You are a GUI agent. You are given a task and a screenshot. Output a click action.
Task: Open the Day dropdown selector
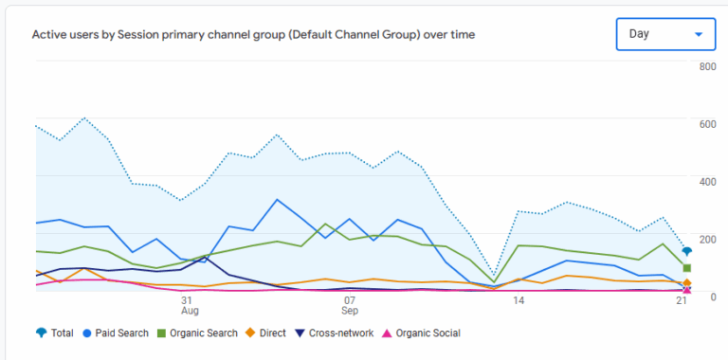click(x=664, y=35)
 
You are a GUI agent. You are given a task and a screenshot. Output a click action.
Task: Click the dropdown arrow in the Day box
click(x=699, y=35)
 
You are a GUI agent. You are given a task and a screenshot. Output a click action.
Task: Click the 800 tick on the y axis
click(x=707, y=66)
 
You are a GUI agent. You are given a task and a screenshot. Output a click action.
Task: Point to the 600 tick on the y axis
click(x=707, y=124)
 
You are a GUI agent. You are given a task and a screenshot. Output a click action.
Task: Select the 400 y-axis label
click(x=707, y=181)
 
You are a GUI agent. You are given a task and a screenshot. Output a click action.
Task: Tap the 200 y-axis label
click(x=707, y=239)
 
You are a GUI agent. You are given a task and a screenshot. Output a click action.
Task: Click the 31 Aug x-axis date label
click(x=190, y=304)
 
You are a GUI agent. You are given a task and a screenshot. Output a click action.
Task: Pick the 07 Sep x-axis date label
click(x=350, y=304)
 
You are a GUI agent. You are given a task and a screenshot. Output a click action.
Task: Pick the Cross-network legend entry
click(x=333, y=333)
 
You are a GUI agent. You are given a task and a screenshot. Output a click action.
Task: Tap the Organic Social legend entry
click(x=421, y=333)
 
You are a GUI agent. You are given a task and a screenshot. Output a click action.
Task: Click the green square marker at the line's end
click(x=686, y=268)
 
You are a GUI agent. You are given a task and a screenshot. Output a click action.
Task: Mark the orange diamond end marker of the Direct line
click(x=686, y=283)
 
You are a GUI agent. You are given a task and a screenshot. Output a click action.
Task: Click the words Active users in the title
click(x=63, y=35)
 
